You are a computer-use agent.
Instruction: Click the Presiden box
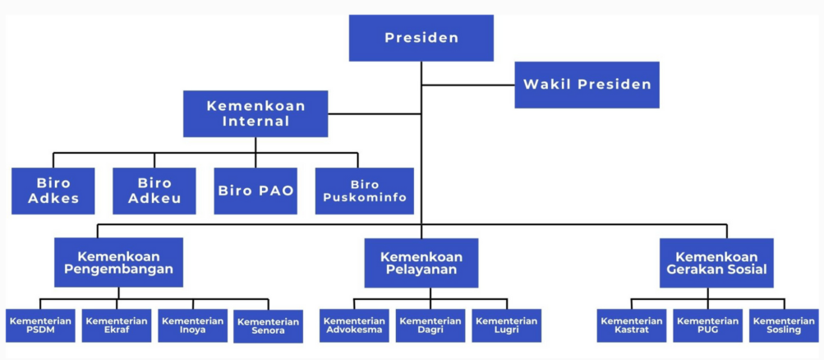421,38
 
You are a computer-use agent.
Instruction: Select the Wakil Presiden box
587,85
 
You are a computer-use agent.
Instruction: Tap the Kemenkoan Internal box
255,113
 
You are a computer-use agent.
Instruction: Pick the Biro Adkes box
53,191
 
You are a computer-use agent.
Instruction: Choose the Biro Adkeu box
154,191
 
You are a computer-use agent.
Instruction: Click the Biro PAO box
255,191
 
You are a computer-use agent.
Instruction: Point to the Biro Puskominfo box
365,191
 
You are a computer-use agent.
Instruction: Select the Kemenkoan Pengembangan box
119,262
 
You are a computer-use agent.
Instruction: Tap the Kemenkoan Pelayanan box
421,263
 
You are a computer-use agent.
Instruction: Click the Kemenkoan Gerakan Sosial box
716,263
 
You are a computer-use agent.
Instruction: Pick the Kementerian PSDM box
40,325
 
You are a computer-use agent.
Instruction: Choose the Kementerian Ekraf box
117,325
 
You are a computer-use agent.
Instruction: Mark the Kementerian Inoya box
193,325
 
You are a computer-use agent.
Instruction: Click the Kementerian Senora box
269,326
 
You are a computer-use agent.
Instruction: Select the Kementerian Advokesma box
354,325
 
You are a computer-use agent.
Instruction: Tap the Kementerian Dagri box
430,325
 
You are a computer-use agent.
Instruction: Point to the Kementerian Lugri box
507,325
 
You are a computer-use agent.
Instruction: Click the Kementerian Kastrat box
632,325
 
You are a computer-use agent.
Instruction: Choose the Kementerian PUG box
708,325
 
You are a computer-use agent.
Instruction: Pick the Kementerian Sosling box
784,325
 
